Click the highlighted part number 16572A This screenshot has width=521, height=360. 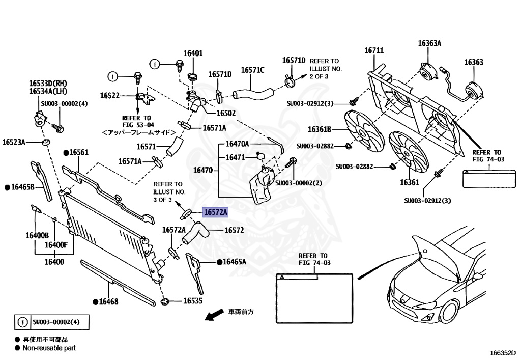tap(215, 212)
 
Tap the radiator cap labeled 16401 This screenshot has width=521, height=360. tap(192, 77)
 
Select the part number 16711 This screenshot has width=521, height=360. tap(374, 50)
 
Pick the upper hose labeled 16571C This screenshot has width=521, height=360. tap(252, 92)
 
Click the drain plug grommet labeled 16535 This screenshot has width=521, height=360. tap(164, 302)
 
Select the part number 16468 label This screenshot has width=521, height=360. tap(108, 301)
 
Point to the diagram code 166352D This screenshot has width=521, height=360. tap(503, 353)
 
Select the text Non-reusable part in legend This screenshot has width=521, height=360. tap(49, 348)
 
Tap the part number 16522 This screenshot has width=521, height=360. tap(110, 96)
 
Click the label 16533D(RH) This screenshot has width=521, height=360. tap(48, 84)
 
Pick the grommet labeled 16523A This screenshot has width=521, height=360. tap(45, 143)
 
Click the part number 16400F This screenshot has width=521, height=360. tap(56, 245)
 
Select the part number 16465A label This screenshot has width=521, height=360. tap(234, 262)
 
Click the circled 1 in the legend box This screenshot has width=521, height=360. tap(22, 322)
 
